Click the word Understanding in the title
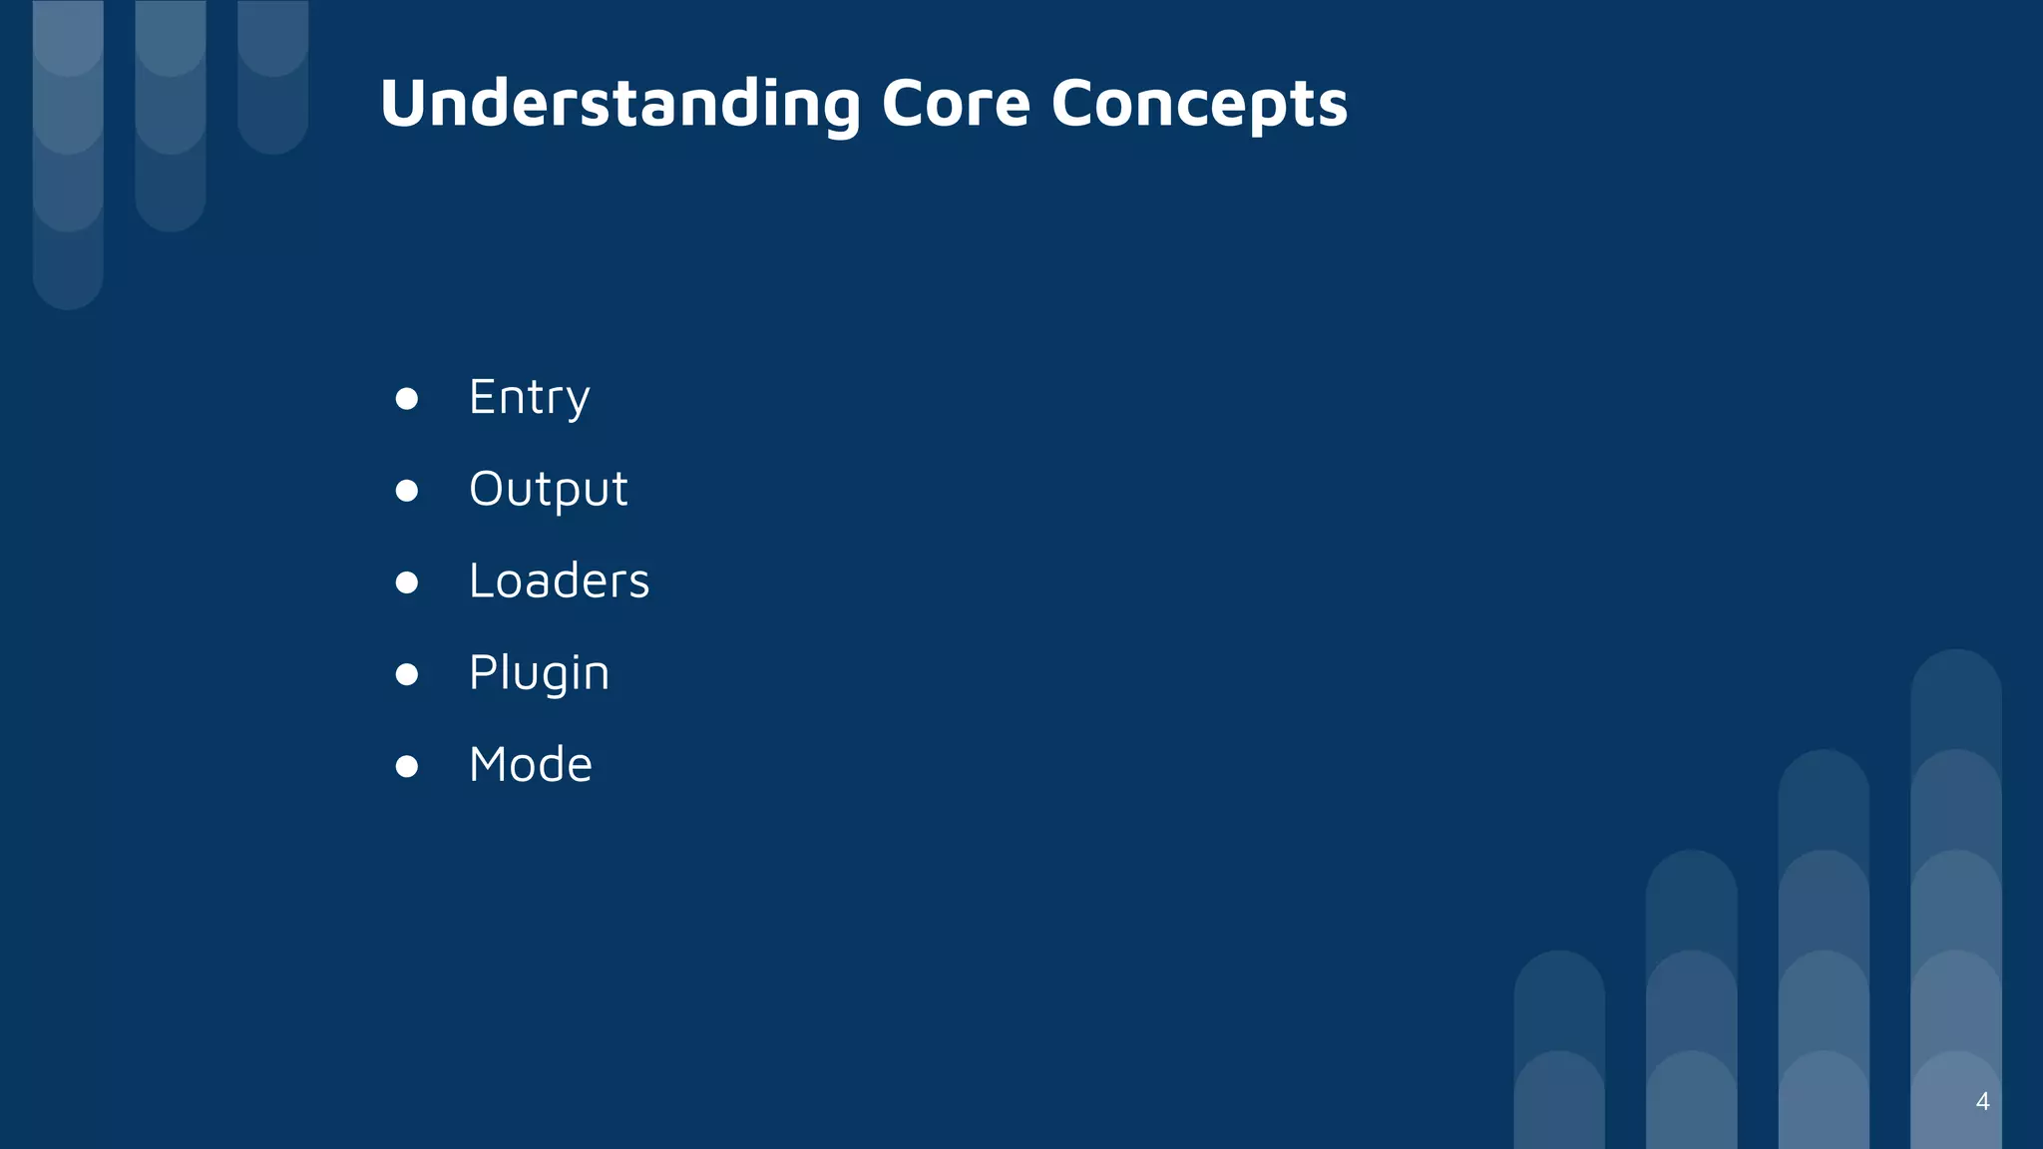pos(619,104)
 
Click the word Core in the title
pos(955,104)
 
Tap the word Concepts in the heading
pos(1199,104)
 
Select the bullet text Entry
pos(529,398)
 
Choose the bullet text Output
pos(548,490)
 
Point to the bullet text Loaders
pos(559,581)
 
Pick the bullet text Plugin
pos(539,673)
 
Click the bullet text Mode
pos(530,765)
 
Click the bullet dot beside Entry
pos(406,399)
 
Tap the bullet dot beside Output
pos(406,491)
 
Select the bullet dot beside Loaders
pos(406,582)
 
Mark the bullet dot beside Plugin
pos(406,674)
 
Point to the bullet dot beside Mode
pos(406,766)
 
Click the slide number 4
pos(1982,1101)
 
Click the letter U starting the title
pos(404,104)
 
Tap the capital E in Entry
pos(483,397)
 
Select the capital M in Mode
pos(490,765)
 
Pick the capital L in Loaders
pos(481,580)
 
